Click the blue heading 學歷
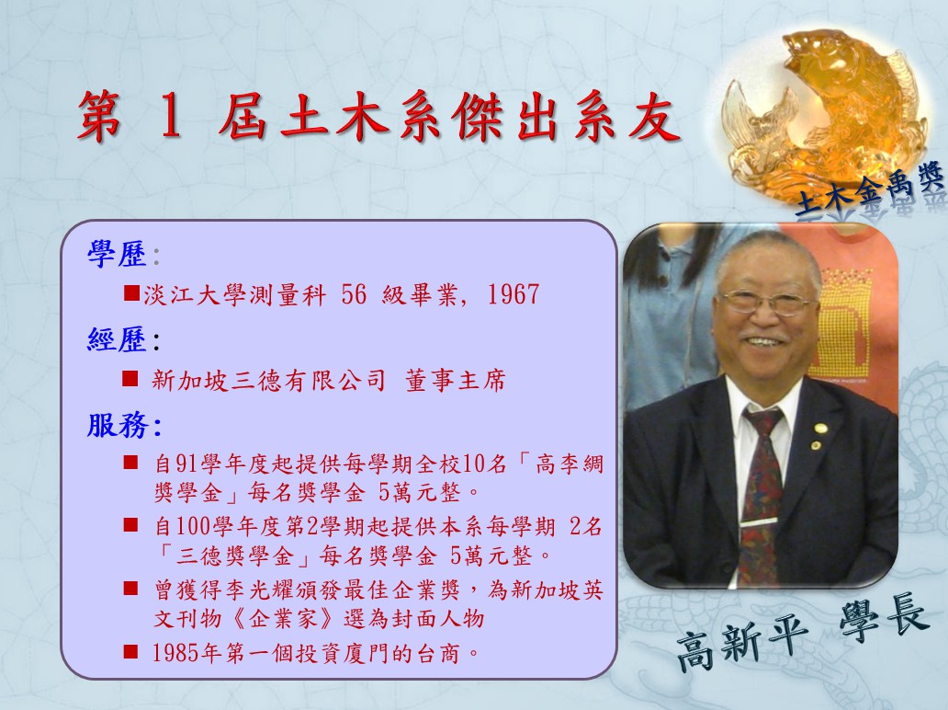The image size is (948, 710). pos(118,254)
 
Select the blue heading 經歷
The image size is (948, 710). pos(118,339)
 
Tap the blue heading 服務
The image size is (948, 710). pos(118,425)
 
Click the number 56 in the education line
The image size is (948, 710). pos(354,295)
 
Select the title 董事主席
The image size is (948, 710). pos(456,381)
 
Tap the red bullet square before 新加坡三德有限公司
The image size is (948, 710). pos(130,378)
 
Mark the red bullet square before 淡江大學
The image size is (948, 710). pos(131,293)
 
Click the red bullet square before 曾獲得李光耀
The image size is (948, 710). pos(130,589)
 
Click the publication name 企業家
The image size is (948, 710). pos(284,619)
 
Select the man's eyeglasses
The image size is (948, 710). pos(767,302)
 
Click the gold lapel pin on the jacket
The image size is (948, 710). pos(820,429)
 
